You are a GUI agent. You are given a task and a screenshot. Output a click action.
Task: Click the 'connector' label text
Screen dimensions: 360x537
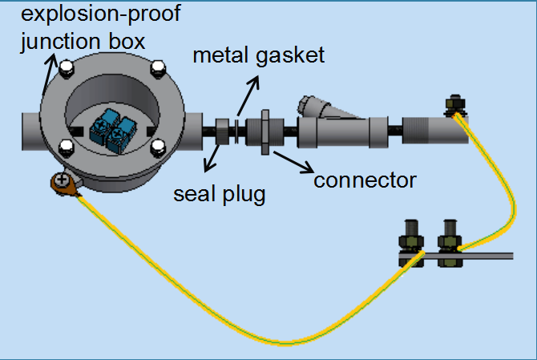[x=365, y=180]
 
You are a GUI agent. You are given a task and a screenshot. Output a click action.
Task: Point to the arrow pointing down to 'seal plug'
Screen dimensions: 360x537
[x=214, y=156]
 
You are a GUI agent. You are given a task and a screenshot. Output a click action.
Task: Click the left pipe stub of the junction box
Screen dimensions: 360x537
[x=31, y=130]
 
